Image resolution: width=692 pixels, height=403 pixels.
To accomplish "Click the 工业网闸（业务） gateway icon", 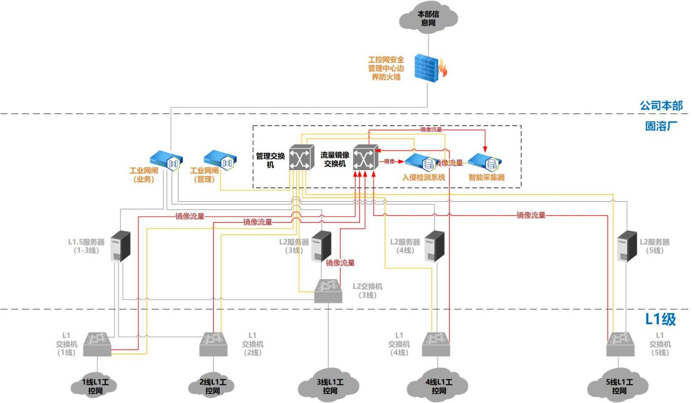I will pos(166,160).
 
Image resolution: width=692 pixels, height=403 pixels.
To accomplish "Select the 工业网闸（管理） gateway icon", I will pos(221,160).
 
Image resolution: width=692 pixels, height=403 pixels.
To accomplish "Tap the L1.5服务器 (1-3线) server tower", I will pos(120,246).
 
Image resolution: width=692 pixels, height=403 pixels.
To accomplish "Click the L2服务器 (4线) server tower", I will pos(435,246).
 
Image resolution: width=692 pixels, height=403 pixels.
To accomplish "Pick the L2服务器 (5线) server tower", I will pos(627,246).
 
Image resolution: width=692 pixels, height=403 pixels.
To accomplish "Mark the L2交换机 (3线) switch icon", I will pos(328,291).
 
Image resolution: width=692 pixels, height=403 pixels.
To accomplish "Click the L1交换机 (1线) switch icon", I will pos(97,344).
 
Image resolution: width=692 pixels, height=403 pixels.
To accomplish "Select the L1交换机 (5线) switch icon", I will pos(620,344).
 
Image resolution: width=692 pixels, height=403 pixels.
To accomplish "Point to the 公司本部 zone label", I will pos(661,105).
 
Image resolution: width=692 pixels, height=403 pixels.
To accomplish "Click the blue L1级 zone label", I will pos(660,319).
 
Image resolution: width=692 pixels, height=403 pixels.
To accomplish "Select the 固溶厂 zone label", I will pos(661,127).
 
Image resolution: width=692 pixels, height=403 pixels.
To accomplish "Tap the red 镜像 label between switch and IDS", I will pos(389,161).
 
